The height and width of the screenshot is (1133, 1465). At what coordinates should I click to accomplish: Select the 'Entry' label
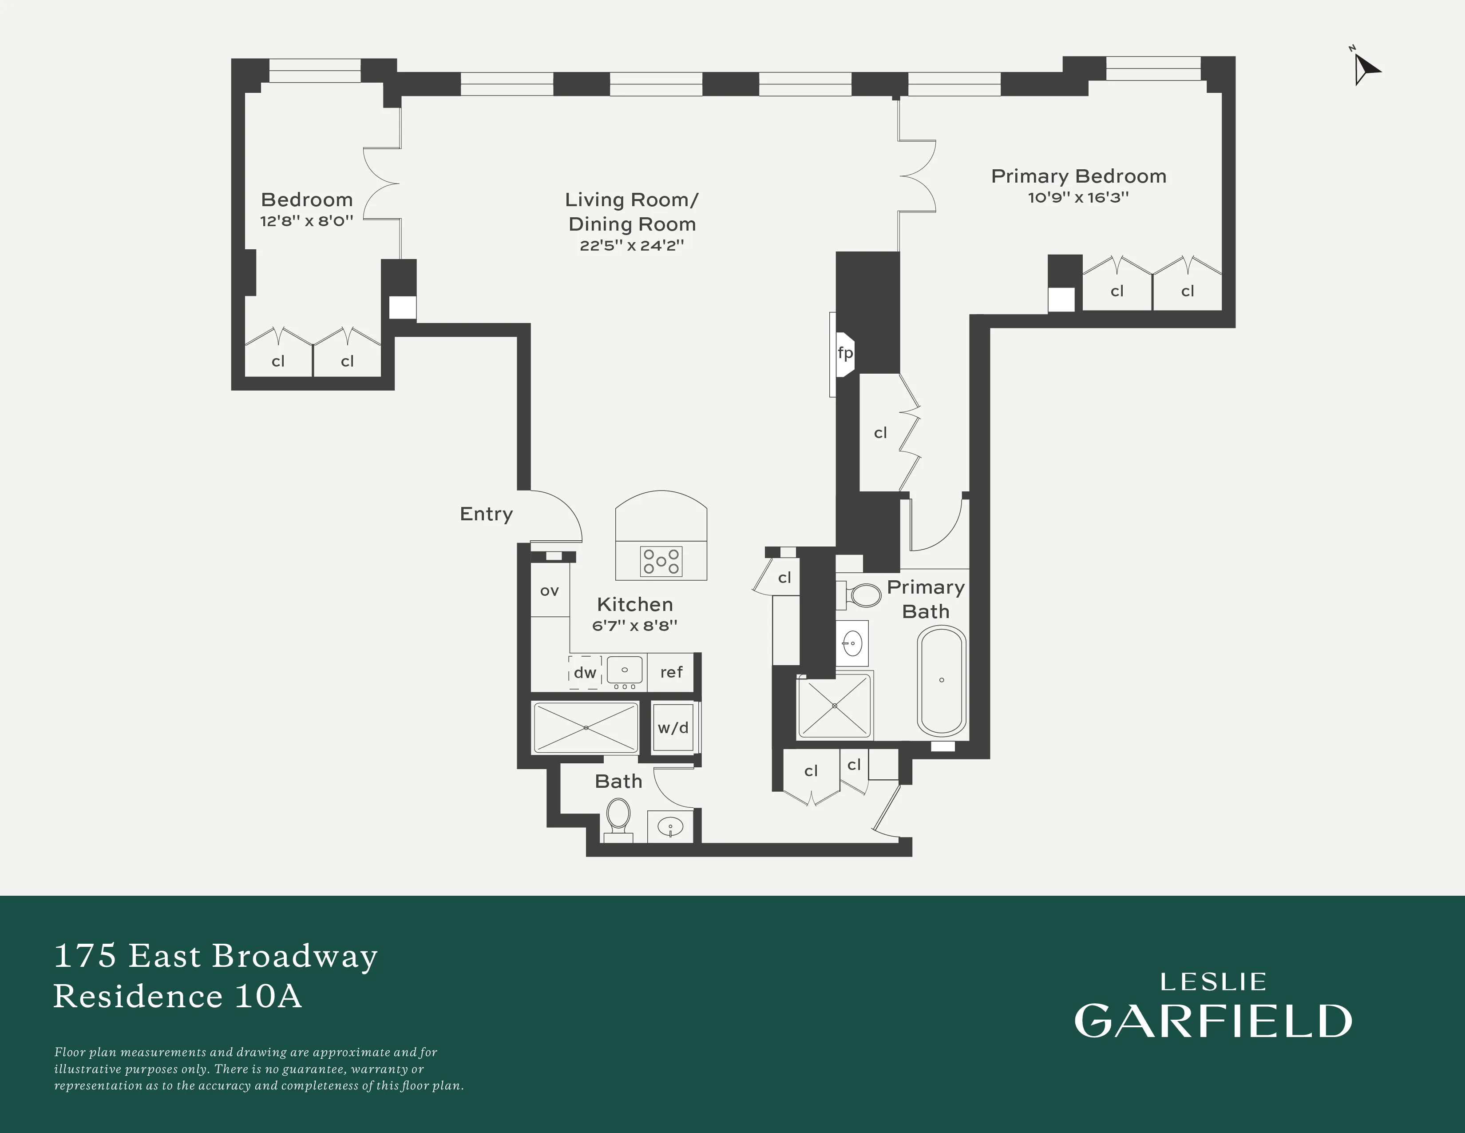486,514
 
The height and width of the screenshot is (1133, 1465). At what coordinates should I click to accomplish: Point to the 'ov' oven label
550,590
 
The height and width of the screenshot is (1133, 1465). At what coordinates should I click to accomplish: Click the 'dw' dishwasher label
585,673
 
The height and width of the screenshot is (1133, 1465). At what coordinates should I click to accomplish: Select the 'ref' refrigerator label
671,672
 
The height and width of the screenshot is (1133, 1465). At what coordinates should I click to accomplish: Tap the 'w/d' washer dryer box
673,728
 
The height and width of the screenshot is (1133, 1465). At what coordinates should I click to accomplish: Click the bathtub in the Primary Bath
942,681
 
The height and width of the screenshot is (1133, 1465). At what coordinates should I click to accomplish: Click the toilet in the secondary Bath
618,815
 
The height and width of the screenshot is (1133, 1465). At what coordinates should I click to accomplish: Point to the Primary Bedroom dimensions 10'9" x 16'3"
1078,197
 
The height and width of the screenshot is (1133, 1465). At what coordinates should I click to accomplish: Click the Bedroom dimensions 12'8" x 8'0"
307,221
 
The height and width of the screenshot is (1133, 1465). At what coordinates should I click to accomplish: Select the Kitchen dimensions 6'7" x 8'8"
634,626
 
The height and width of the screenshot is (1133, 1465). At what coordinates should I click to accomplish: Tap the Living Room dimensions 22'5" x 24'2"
631,246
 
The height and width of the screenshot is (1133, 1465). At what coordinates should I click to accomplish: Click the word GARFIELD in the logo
1213,1021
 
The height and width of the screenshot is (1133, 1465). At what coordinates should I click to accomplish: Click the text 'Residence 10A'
178,995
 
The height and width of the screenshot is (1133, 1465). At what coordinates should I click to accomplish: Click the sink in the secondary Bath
670,826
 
